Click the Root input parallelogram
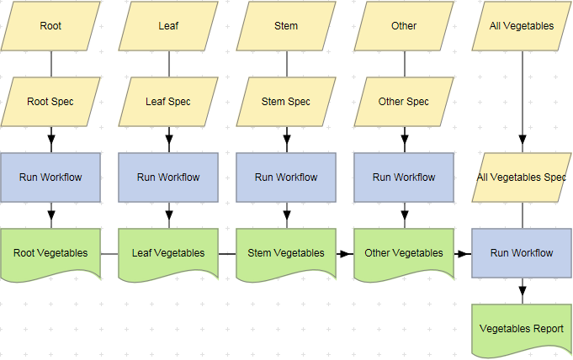[50, 26]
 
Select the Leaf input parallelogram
[168, 26]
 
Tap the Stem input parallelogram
[286, 26]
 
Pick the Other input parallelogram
[404, 26]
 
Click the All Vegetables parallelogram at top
[522, 26]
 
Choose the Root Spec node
[50, 102]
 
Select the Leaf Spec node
[168, 102]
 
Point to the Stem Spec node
[286, 102]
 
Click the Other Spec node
[404, 102]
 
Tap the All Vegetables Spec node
[522, 177]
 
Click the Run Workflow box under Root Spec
[50, 177]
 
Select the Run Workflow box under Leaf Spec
[168, 177]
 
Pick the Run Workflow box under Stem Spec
[286, 177]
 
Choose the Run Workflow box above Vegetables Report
[522, 253]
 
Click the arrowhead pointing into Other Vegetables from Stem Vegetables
[347, 253]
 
